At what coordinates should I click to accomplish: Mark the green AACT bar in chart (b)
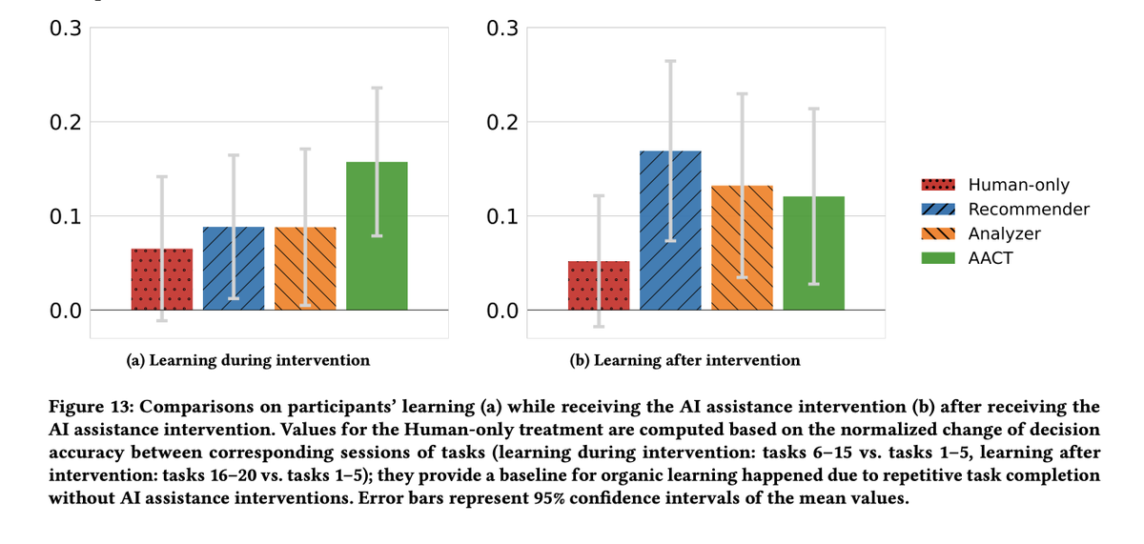point(813,253)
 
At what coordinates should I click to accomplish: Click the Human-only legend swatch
point(939,185)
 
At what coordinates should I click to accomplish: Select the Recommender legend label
point(1029,209)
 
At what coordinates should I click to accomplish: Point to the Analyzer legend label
point(1005,233)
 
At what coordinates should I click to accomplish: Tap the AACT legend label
point(991,257)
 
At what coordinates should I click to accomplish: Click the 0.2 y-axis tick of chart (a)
point(66,122)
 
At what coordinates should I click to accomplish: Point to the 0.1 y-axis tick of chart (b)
point(502,216)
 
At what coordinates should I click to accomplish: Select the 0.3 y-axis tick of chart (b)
point(502,29)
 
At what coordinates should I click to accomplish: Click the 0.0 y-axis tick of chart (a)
point(66,311)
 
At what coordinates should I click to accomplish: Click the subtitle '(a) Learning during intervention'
point(248,360)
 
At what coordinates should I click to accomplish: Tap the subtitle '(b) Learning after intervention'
point(684,360)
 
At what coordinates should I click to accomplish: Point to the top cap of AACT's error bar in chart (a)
point(377,88)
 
